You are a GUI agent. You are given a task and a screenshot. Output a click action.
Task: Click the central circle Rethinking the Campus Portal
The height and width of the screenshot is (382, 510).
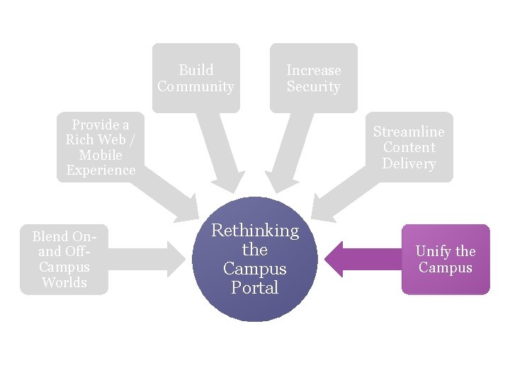click(255, 259)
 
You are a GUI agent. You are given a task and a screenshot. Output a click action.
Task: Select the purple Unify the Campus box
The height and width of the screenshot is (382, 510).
click(446, 259)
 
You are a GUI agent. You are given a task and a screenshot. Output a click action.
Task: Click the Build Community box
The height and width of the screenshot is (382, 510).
click(196, 78)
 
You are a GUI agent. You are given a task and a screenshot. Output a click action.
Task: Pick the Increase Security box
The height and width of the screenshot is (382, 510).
click(314, 78)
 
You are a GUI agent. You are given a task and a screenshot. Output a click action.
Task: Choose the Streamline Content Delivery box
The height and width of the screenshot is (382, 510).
click(409, 147)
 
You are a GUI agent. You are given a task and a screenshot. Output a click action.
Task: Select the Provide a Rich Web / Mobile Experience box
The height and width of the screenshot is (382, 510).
click(101, 147)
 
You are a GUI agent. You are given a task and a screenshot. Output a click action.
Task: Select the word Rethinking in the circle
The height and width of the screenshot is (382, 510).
click(255, 231)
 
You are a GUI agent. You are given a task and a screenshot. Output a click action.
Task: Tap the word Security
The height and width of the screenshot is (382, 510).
click(314, 87)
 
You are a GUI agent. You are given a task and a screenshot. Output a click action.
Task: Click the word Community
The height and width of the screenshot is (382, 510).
click(196, 87)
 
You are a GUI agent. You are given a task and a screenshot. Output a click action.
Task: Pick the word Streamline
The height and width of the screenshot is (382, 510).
click(409, 132)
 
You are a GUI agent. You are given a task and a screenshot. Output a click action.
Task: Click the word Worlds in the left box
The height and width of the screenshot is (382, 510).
click(64, 282)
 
